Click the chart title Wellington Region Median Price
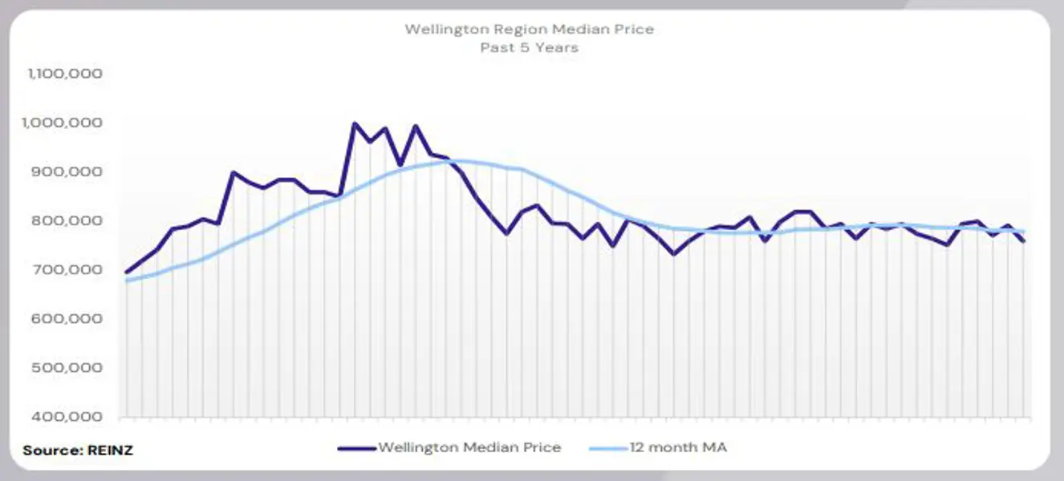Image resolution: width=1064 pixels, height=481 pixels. pos(529,30)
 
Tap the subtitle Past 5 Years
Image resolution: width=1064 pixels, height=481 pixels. pos(529,47)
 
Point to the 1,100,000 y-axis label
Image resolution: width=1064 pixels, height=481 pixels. pos(65,74)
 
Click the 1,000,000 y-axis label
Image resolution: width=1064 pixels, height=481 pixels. pos(65,123)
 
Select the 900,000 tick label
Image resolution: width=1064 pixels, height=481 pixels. pos(70,172)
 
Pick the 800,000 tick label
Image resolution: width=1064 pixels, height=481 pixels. pos(70,220)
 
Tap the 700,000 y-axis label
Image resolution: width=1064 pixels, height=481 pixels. pos(70,269)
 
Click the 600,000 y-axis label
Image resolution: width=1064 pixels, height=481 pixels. pos(70,319)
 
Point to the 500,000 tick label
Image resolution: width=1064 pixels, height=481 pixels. pos(70,368)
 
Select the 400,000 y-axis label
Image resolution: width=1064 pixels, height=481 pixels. pos(70,417)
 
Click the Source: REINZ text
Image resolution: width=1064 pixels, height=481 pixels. pos(78,451)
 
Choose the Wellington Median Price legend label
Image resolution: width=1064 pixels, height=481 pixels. pos(469,447)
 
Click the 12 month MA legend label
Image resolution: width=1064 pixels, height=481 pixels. pos(678,447)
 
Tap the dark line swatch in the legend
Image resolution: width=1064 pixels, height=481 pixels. pos(356,448)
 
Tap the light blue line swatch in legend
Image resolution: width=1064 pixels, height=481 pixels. pos(607,448)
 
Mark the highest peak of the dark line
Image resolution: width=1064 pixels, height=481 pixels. pos(355,123)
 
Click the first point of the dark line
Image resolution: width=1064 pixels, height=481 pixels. pos(126,273)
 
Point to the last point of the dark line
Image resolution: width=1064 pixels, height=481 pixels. pos(1024,241)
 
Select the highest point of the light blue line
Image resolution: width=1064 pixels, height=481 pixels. pos(446,161)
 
